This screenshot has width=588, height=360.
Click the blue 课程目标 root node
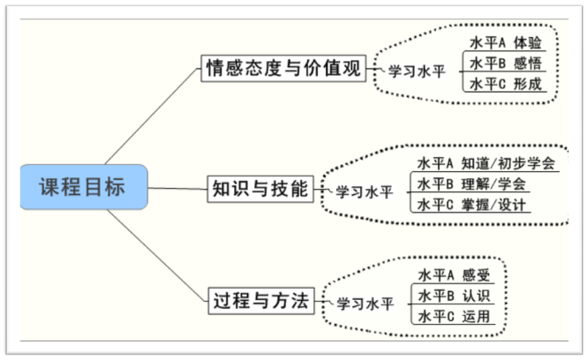(x=84, y=187)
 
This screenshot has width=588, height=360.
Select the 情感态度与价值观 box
(x=283, y=68)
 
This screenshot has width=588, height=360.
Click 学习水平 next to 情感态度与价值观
(x=418, y=70)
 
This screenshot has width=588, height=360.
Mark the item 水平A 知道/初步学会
(x=486, y=163)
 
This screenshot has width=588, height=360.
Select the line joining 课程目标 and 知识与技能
(x=177, y=188)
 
